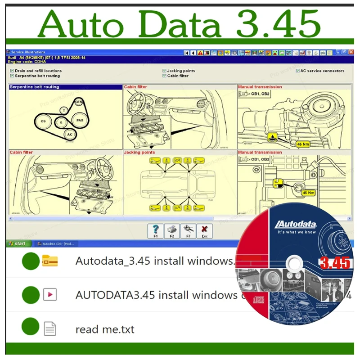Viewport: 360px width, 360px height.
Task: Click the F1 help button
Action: pyautogui.click(x=156, y=230)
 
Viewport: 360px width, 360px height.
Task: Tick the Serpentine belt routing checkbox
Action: pyautogui.click(x=12, y=76)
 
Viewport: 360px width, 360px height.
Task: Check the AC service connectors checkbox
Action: pyautogui.click(x=297, y=71)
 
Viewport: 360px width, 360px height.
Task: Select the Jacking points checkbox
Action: pyautogui.click(x=164, y=71)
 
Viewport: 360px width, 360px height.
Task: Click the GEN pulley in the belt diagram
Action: pyautogui.click(x=79, y=103)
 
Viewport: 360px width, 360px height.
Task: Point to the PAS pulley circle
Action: pyautogui.click(x=80, y=120)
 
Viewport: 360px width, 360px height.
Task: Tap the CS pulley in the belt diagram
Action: pyautogui.click(x=43, y=121)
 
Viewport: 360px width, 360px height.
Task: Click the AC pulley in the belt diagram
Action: pyautogui.click(x=69, y=134)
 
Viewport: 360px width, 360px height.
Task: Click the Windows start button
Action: pyautogui.click(x=18, y=243)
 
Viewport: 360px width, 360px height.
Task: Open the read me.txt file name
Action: pyautogui.click(x=104, y=329)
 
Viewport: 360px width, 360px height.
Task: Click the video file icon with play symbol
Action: pyautogui.click(x=49, y=295)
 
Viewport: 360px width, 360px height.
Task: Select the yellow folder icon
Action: pyautogui.click(x=49, y=261)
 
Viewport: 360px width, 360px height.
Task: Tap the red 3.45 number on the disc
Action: pyautogui.click(x=334, y=262)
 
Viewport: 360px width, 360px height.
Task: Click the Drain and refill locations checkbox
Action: pyautogui.click(x=12, y=71)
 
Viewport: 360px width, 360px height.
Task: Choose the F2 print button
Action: pyautogui.click(x=172, y=230)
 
